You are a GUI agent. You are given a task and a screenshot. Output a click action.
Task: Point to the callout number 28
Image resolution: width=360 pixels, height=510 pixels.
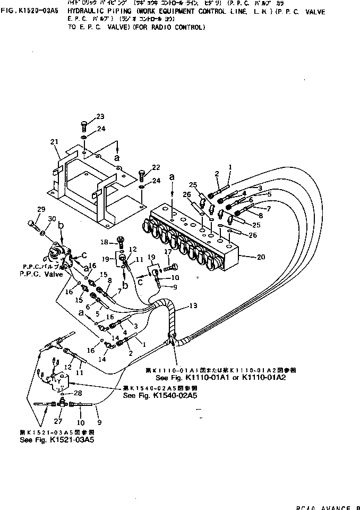click(78, 393)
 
